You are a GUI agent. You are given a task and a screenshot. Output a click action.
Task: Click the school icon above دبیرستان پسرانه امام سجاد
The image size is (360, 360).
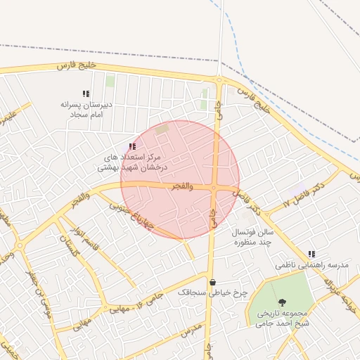[86, 94]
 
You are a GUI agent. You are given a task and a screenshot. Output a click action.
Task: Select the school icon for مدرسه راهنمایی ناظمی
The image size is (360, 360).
[311, 254]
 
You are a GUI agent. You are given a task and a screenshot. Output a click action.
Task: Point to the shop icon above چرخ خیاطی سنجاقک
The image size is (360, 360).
[212, 282]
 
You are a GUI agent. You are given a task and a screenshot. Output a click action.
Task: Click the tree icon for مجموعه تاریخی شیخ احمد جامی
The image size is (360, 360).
[282, 302]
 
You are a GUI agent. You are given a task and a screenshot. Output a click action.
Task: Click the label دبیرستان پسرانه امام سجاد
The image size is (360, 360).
[85, 108]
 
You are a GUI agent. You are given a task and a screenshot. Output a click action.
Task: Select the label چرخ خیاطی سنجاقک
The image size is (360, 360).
[204, 290]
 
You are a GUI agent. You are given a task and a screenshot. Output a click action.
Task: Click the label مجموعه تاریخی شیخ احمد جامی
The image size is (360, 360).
[283, 318]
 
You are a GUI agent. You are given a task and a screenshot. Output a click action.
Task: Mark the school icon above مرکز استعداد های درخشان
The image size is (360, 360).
[132, 146]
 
